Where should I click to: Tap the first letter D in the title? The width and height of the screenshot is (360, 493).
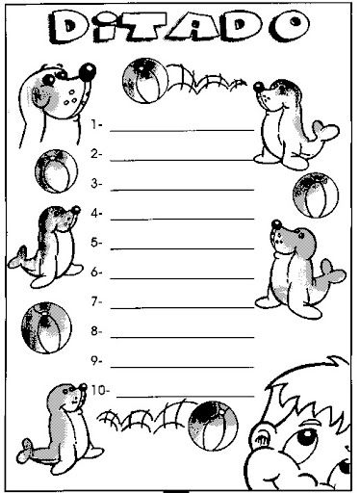pos(68,27)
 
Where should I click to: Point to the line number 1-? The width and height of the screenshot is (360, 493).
pos(96,124)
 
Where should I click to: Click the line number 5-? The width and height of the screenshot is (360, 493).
pos(96,243)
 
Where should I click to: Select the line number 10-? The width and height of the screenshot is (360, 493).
pos(100,391)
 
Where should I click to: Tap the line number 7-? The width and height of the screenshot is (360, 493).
pos(96,301)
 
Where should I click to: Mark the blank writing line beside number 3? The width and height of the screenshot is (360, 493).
pos(182,190)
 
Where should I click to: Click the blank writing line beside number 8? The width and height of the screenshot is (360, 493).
pos(182,338)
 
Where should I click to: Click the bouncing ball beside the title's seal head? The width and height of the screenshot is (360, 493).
pos(145,80)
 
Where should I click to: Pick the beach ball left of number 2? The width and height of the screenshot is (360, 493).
pos(56,171)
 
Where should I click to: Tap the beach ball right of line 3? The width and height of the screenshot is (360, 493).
pos(316,195)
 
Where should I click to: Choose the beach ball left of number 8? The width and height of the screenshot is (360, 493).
pos(46,327)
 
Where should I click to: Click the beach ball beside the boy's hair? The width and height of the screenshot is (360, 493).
pos(213,426)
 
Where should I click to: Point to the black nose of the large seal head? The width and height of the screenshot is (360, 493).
pos(88,72)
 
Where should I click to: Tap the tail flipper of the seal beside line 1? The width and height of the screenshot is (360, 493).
pos(326,131)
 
